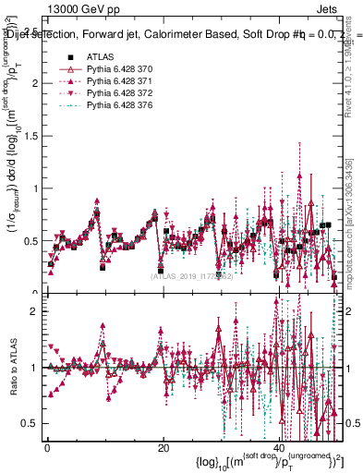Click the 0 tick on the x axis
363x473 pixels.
coord(47,449)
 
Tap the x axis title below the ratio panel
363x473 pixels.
coord(268,461)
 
